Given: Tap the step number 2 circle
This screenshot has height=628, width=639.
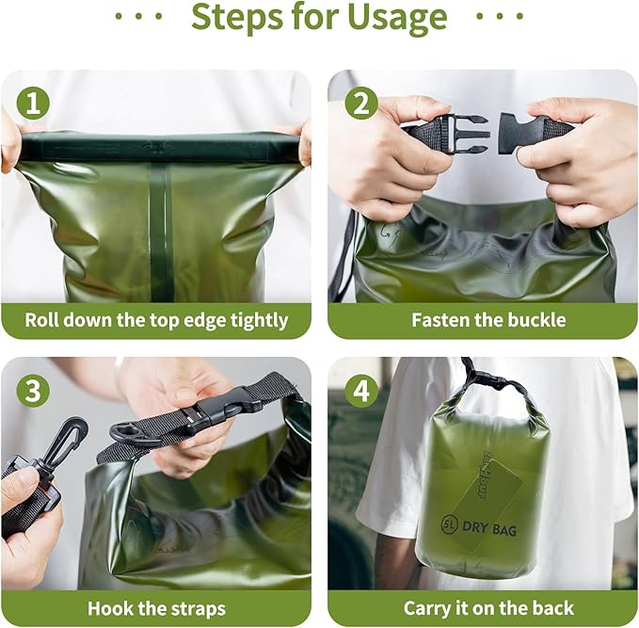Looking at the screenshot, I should pos(361,101).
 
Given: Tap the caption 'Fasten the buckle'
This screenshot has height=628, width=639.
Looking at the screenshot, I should pos(488,320).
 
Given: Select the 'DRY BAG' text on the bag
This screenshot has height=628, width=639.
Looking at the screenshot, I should pos(489,531).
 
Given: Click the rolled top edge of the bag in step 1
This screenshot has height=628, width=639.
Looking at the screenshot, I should pos(160,147).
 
